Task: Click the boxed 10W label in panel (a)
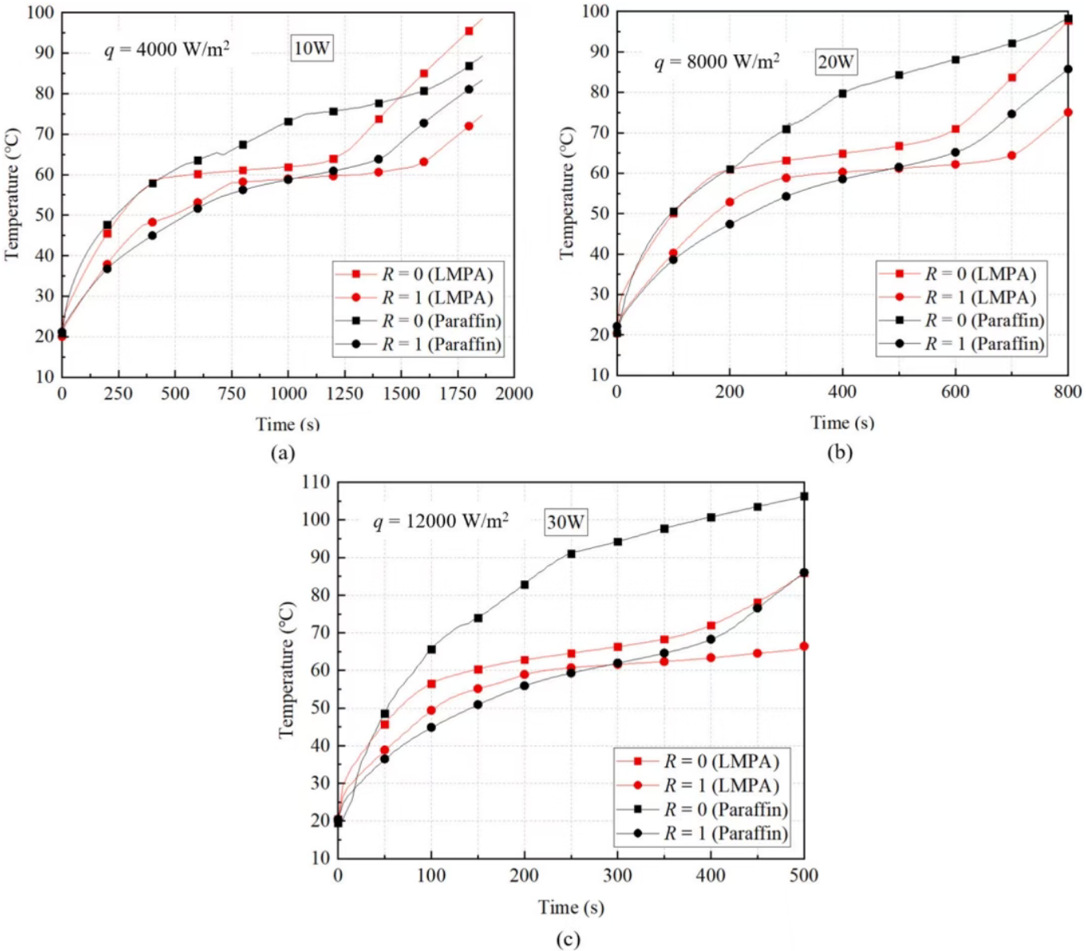[x=311, y=49]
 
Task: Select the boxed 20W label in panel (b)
[x=835, y=62]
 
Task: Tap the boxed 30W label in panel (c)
[x=565, y=523]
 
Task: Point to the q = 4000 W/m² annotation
[x=167, y=50]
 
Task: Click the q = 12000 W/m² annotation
[x=440, y=522]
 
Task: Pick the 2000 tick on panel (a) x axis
[x=514, y=393]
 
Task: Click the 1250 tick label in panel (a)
[x=345, y=393]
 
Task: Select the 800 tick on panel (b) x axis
[x=1068, y=392]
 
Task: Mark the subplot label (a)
[x=283, y=453]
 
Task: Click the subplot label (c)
[x=568, y=939]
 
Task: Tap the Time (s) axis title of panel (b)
[x=842, y=423]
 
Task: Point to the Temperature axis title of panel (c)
[x=287, y=670]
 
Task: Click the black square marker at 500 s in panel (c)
[x=804, y=496]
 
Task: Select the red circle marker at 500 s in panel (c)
[x=804, y=646]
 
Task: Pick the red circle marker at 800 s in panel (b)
[x=1068, y=112]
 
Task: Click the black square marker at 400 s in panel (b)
[x=842, y=93]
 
